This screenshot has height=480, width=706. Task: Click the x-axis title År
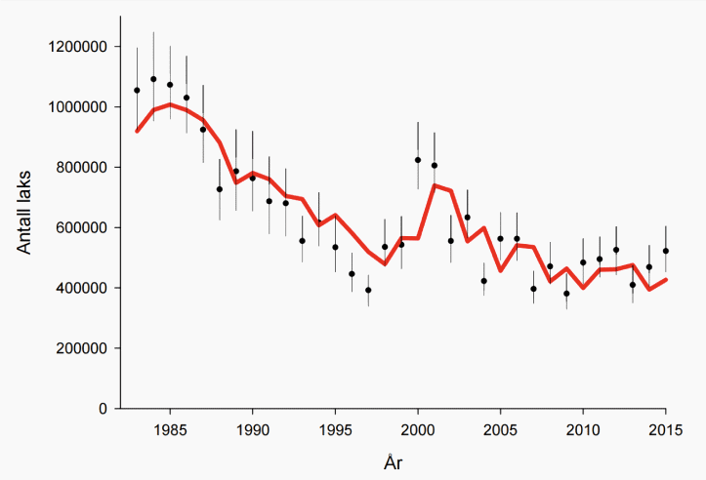(392, 462)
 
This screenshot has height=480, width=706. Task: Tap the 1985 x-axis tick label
(171, 429)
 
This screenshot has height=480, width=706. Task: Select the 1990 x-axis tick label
(253, 429)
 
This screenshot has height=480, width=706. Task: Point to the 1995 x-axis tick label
(336, 429)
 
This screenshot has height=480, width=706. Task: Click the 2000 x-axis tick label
(418, 429)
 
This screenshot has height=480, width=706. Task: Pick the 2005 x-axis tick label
(501, 429)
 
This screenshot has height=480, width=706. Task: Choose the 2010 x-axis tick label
(583, 429)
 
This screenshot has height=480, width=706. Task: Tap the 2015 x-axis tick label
(666, 429)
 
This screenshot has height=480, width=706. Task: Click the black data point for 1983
(137, 91)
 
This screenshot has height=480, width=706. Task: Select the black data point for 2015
(666, 251)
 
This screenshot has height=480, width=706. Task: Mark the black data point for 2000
(418, 160)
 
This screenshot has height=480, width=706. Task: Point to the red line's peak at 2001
(435, 185)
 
